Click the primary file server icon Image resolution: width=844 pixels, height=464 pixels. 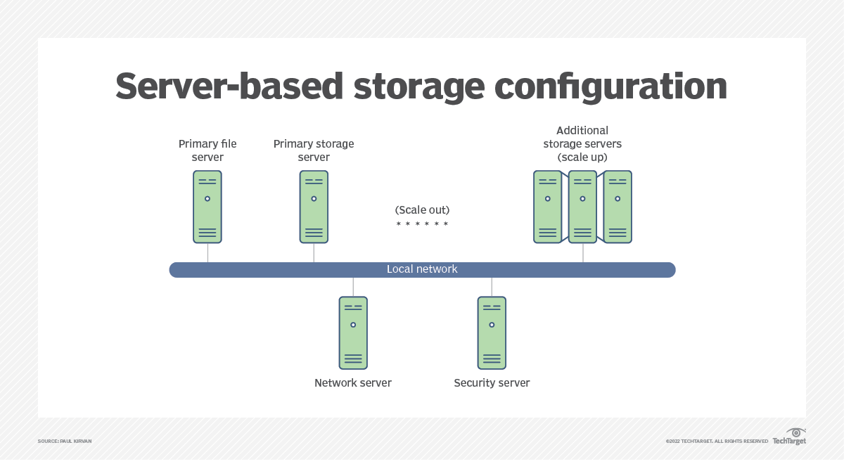[x=207, y=207]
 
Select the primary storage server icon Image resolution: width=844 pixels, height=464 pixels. [x=314, y=207]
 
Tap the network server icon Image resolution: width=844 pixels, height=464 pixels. [x=353, y=333]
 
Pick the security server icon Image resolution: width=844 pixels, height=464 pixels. [x=492, y=333]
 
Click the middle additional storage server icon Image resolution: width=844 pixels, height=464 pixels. [x=582, y=207]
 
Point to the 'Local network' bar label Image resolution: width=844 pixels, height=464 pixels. [x=422, y=269]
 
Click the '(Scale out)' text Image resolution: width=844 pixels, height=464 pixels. [x=422, y=210]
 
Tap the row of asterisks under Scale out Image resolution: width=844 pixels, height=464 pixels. [x=422, y=224]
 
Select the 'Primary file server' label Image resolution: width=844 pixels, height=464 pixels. [x=207, y=150]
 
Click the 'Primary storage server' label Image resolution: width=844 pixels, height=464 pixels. [x=314, y=150]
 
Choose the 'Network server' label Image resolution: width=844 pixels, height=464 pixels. [x=353, y=383]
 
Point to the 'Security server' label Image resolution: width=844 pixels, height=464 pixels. [x=492, y=383]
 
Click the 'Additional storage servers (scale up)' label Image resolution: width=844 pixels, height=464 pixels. [x=582, y=143]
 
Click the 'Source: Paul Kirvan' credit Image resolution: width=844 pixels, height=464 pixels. [x=65, y=442]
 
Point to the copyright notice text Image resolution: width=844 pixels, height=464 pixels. [x=717, y=442]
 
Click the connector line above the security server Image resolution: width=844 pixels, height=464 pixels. [x=492, y=286]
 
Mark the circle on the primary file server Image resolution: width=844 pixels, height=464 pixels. [x=207, y=198]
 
